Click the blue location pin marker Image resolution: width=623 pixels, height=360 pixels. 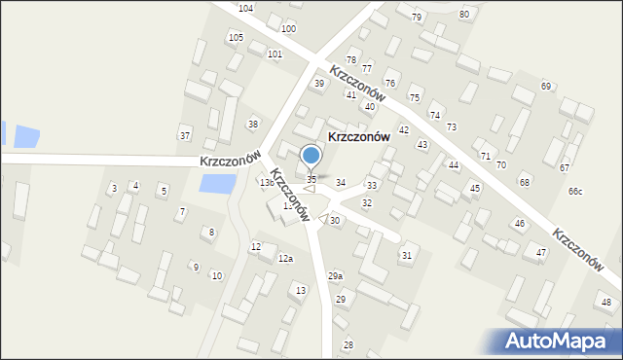311,156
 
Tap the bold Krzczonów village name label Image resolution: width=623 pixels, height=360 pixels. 358,137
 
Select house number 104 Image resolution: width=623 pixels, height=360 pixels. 245,8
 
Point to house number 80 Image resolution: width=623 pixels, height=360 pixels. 463,15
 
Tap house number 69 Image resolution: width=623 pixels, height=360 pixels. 546,87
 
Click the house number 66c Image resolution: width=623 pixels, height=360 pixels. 575,191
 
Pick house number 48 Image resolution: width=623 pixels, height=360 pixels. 606,303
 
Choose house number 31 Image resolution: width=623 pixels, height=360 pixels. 406,255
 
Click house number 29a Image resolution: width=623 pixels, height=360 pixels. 335,276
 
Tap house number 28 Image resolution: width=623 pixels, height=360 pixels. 348,345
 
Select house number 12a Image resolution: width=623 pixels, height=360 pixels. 285,259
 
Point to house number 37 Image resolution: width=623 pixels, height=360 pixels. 184,134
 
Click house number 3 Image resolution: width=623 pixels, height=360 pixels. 114,188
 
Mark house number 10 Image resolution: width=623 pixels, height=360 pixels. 216,276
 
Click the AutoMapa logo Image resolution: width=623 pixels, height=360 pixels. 562,341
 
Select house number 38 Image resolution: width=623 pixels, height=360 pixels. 253,124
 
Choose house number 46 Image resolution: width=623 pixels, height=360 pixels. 520,224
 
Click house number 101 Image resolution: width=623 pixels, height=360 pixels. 275,54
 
